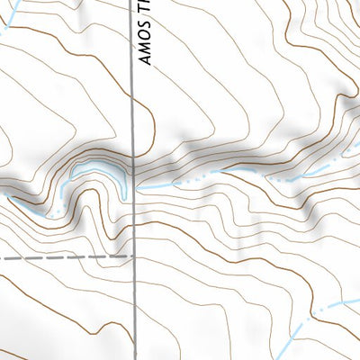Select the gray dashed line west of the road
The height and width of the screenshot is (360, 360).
click(63, 257)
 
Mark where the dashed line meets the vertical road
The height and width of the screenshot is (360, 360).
click(134, 256)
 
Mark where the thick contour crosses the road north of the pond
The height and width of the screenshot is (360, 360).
click(134, 142)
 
